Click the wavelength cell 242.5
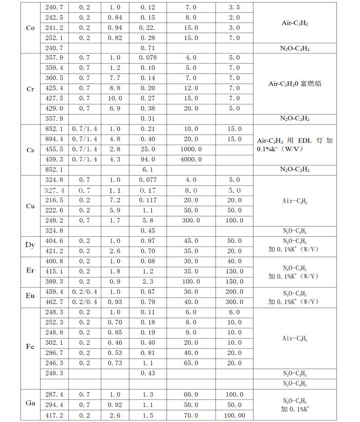[x=55, y=17]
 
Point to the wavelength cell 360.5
[x=55, y=78]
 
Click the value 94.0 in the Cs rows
[x=149, y=159]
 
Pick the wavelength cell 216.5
[x=55, y=200]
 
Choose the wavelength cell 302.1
[x=55, y=343]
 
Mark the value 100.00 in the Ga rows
[x=234, y=414]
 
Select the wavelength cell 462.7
[x=55, y=301]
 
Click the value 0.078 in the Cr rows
[x=149, y=58]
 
